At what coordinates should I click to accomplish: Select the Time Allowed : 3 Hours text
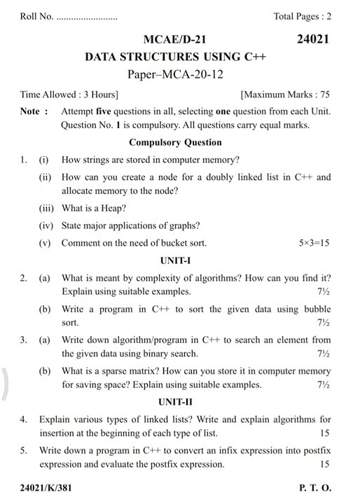tap(69, 94)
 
